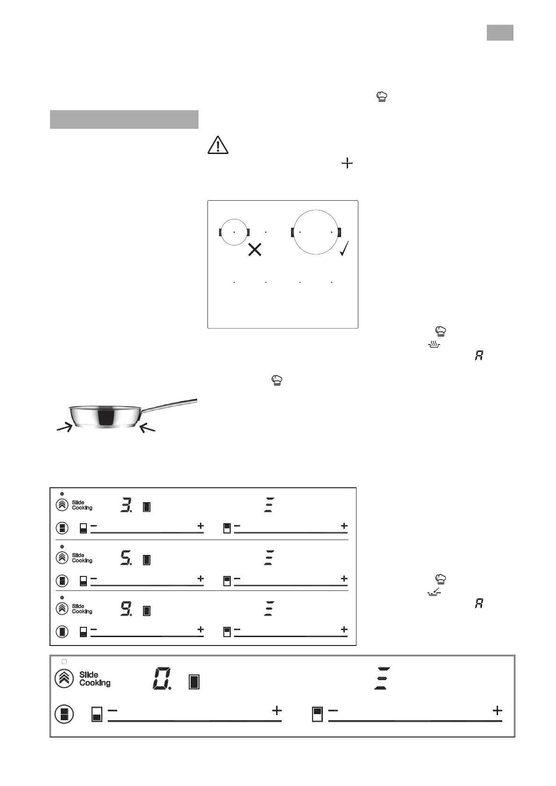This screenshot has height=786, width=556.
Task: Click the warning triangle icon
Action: (218, 145)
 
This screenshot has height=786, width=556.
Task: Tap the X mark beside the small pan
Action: (255, 250)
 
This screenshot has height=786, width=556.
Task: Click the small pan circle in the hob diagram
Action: (234, 232)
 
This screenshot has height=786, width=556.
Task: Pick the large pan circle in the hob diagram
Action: (316, 232)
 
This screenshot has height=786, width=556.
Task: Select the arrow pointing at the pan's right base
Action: (148, 427)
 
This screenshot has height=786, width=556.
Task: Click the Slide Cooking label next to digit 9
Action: (82, 609)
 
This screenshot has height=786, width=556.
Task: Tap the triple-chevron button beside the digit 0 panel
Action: (64, 679)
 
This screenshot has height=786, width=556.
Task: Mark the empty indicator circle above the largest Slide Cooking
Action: (64, 662)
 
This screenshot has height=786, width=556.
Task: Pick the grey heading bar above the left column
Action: (124, 119)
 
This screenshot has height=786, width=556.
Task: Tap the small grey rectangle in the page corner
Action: (500, 33)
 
